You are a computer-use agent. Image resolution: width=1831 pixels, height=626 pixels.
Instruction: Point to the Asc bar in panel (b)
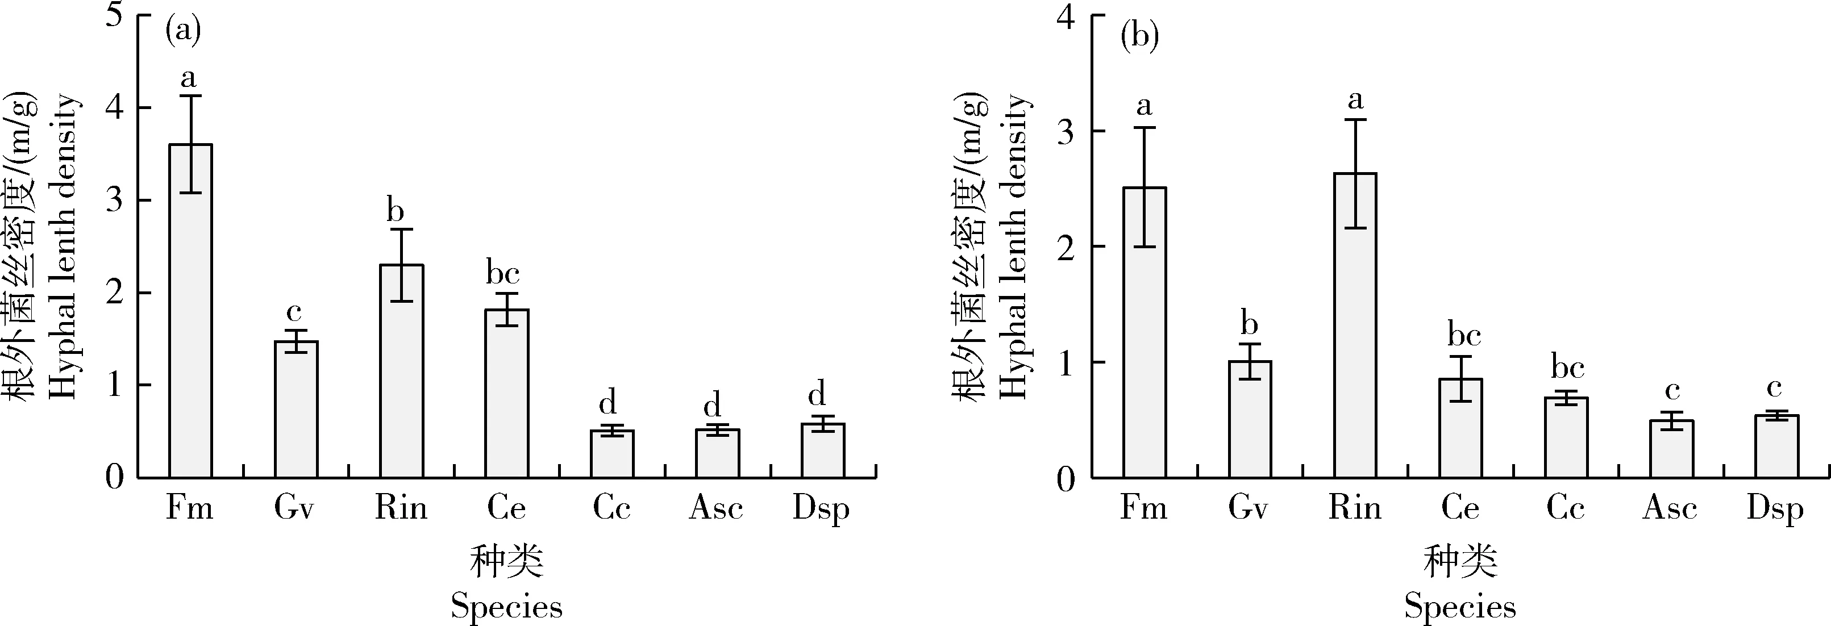point(1671,449)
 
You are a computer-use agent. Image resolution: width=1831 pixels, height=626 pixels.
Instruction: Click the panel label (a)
point(182,32)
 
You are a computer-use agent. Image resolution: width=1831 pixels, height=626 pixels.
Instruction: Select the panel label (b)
point(1139,36)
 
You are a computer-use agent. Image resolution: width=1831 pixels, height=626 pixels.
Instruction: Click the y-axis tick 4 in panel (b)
point(1066,17)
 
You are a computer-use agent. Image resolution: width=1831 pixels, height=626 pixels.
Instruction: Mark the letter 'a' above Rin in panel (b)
point(1355,100)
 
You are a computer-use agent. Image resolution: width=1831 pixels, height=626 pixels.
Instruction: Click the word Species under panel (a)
point(506,606)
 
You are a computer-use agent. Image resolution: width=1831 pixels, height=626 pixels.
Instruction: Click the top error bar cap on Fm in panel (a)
point(190,95)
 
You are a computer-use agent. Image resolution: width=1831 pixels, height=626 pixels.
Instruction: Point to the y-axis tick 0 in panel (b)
point(1066,479)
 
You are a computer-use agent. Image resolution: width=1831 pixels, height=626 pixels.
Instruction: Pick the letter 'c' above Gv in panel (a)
point(294,312)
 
